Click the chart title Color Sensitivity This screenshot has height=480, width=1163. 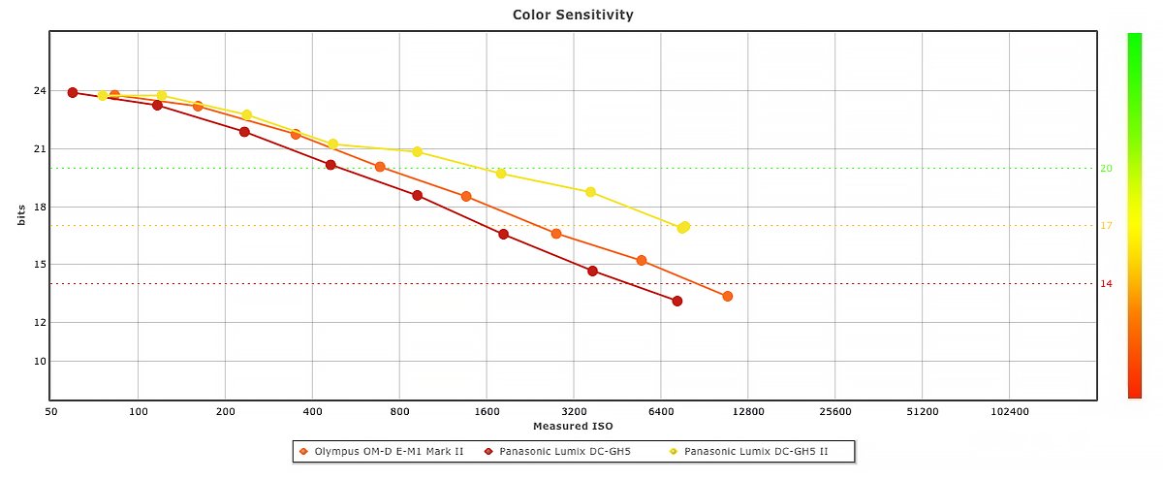coord(573,15)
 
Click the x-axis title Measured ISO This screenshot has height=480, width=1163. coord(573,426)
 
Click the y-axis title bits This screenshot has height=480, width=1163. coord(20,215)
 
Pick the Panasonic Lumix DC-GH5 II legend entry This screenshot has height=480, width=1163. coord(755,452)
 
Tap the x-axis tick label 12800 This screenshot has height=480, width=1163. coord(748,411)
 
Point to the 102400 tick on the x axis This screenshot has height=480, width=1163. coord(1009,411)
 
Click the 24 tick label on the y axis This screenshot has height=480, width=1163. coord(40,91)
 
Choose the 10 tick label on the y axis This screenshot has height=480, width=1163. coord(40,361)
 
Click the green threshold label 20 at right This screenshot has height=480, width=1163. coord(1106,168)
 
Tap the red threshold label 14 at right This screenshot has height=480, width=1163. coord(1106,283)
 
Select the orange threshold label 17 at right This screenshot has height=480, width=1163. coord(1106,226)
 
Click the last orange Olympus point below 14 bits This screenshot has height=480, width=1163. coord(728,296)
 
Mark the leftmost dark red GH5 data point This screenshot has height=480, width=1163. coord(73,92)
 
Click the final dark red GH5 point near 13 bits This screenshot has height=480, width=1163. coord(677,301)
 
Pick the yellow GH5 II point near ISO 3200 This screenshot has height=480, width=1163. coord(590,192)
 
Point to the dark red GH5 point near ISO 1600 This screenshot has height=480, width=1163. coord(503,234)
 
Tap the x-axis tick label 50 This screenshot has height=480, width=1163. coord(51,411)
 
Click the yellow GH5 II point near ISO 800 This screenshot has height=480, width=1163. coord(418,151)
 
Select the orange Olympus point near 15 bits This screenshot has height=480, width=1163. coord(642,260)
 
